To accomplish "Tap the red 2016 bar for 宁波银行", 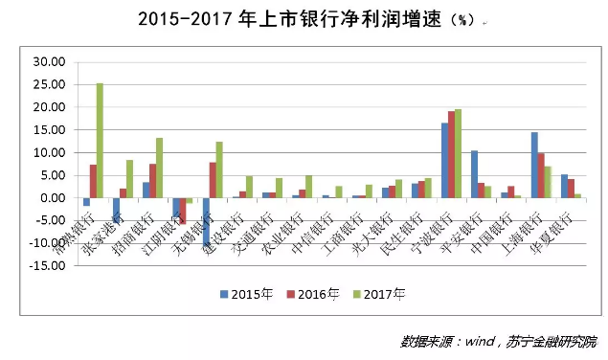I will click(x=452, y=155).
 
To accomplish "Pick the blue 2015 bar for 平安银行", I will click(x=474, y=174).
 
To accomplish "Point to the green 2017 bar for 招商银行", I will click(x=160, y=169).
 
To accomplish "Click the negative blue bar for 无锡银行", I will click(x=205, y=220).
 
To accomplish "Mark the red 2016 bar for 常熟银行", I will click(x=93, y=181).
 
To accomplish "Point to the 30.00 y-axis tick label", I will click(x=49, y=61).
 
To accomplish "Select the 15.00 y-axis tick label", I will click(x=49, y=129).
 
